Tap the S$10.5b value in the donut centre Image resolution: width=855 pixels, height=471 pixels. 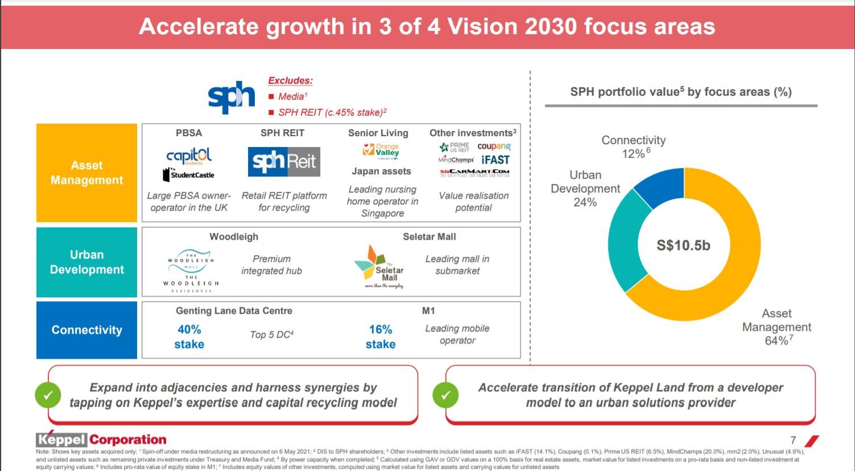683,245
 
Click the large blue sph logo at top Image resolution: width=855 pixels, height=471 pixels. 232,97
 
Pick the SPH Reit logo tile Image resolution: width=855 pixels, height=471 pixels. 284,162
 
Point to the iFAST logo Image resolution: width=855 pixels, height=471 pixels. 495,160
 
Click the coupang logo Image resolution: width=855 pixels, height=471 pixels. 494,146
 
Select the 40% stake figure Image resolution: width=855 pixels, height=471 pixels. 189,337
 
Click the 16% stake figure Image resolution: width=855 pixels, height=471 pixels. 380,337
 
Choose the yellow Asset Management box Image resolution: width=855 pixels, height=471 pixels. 86,173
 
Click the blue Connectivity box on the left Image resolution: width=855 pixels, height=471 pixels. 86,330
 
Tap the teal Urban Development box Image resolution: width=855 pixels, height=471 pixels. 86,262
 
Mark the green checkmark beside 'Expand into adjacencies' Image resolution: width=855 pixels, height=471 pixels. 48,395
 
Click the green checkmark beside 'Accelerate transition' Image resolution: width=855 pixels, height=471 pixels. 445,395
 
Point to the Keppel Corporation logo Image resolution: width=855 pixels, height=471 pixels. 101,439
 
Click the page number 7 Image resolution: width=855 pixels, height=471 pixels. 793,440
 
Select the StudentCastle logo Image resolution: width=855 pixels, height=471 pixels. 189,174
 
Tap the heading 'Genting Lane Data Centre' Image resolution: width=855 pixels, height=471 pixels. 234,311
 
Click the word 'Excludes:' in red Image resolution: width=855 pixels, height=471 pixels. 290,81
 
